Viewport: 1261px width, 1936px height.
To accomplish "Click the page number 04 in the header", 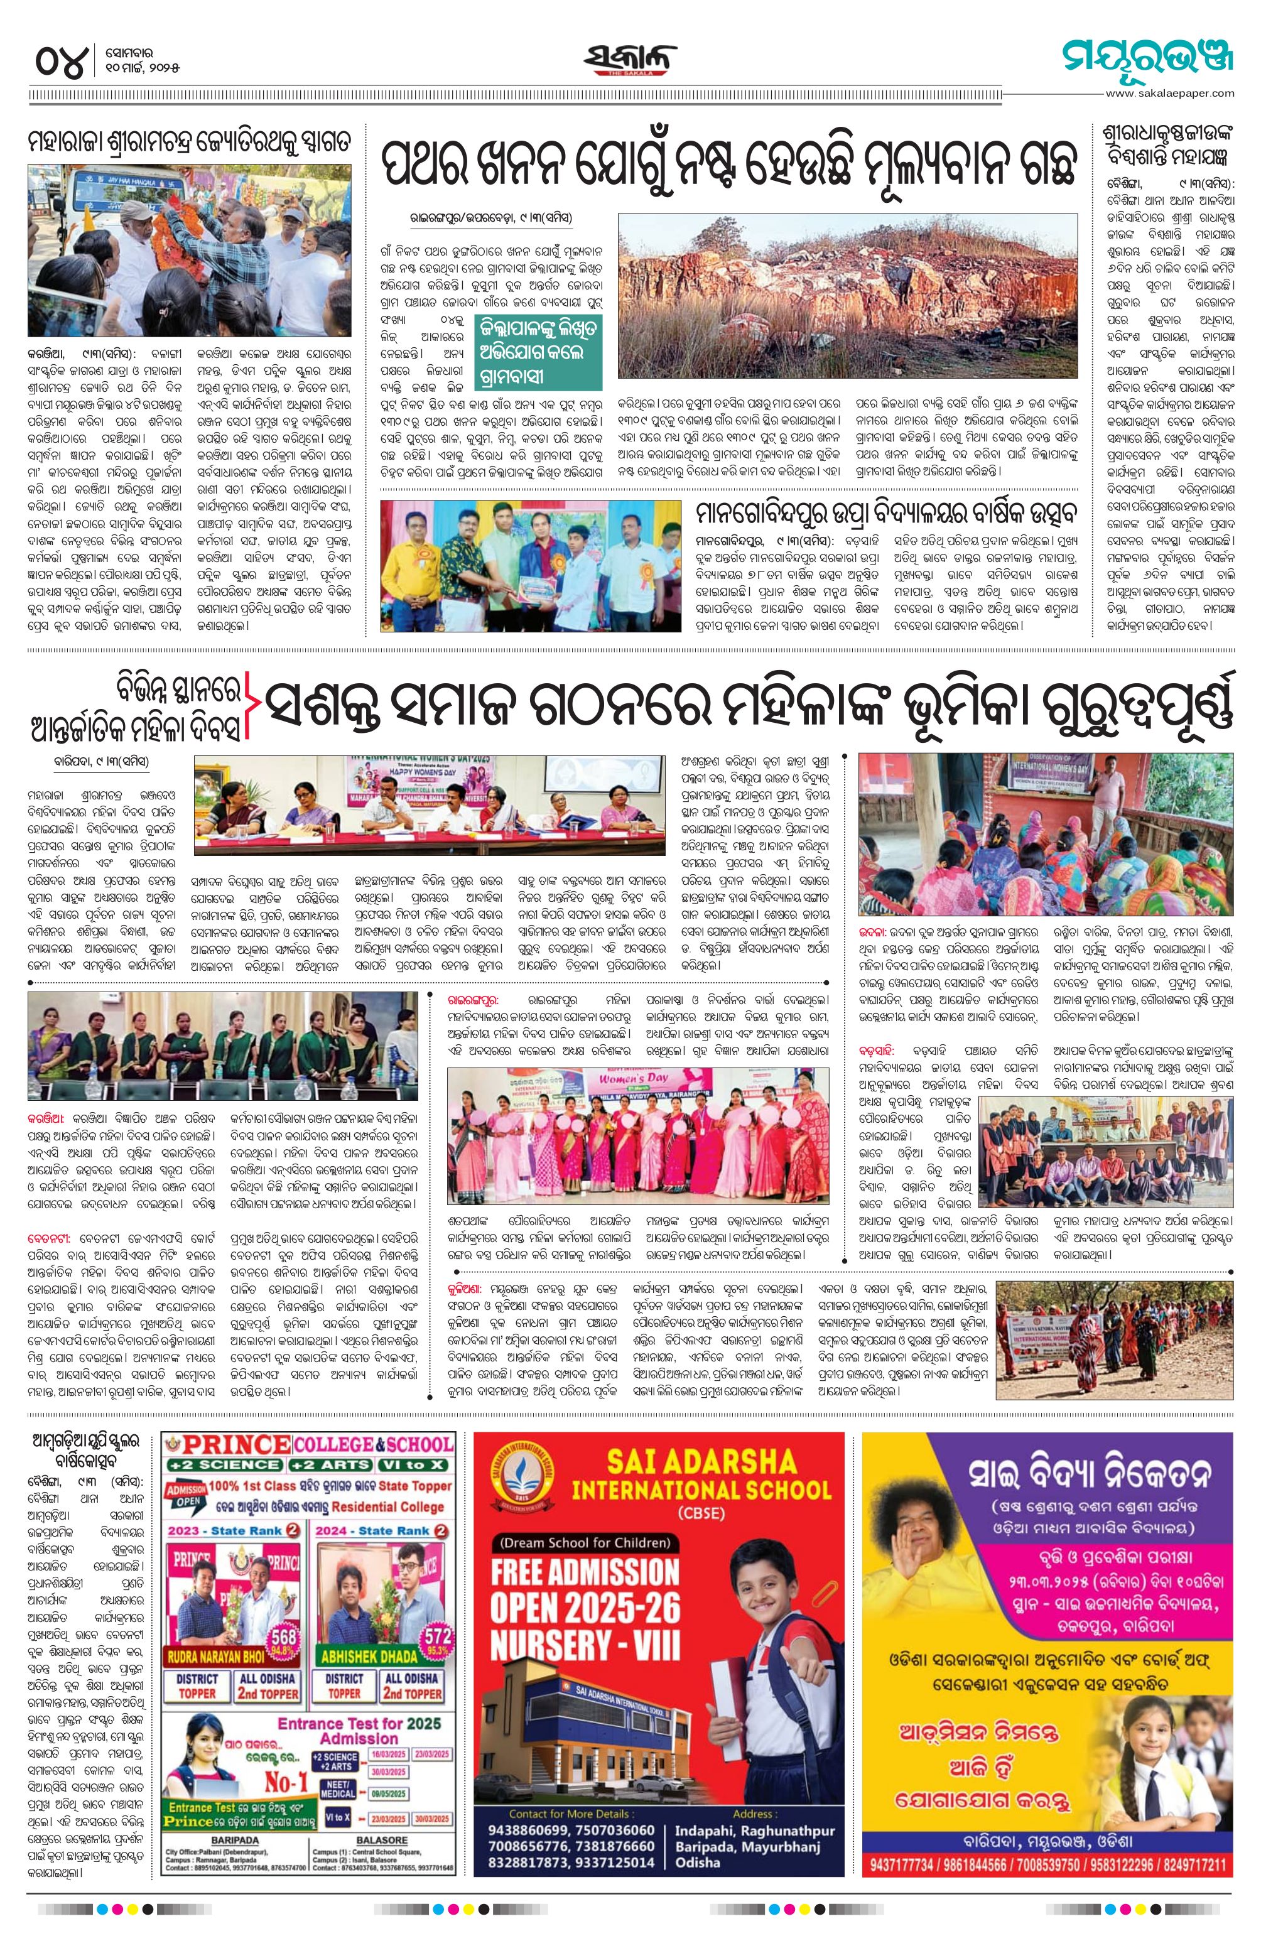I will pyautogui.click(x=60, y=63).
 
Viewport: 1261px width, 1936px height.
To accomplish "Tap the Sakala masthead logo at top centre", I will pyautogui.click(x=630, y=61).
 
